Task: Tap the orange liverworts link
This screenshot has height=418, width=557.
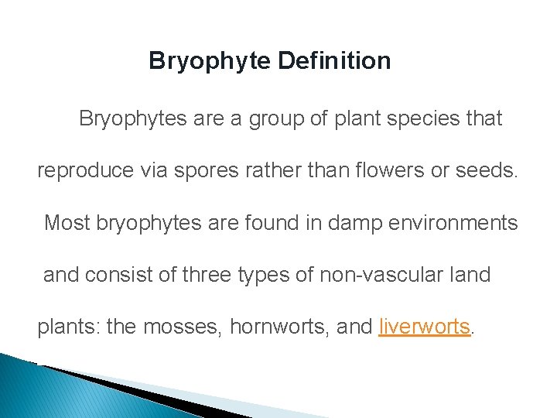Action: click(x=425, y=327)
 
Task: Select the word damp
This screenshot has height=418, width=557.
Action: click(x=323, y=223)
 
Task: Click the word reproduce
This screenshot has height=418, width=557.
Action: click(x=86, y=171)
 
